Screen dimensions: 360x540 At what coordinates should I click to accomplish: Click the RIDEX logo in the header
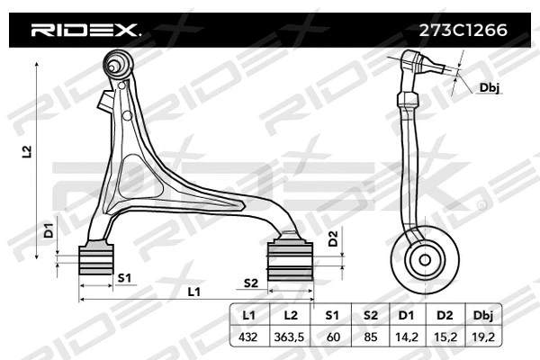(x=85, y=30)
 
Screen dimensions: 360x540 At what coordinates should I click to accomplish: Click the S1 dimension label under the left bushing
(x=126, y=277)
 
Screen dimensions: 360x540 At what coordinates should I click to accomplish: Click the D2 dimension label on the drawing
(x=332, y=239)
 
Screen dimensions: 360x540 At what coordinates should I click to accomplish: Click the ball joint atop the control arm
(x=115, y=65)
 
